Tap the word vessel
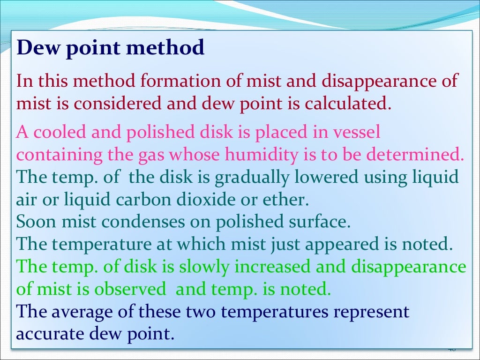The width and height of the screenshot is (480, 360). (357, 133)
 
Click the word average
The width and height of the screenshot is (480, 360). (86, 312)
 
